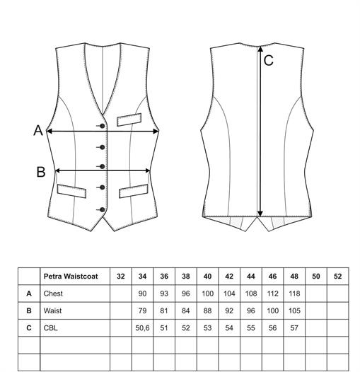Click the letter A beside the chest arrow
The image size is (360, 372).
(38, 131)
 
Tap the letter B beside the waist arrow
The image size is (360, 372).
(41, 172)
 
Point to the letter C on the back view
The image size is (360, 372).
(268, 61)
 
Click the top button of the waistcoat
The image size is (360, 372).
(103, 126)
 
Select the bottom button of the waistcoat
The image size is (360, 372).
(103, 210)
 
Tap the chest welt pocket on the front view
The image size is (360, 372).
(129, 120)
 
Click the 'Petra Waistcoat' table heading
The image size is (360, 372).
(71, 277)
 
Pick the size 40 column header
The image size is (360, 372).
(207, 277)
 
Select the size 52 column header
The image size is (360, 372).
(337, 277)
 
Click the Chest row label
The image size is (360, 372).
(53, 293)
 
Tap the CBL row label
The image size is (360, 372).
(50, 328)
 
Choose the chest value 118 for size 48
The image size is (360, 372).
(294, 293)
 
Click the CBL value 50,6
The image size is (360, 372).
(142, 328)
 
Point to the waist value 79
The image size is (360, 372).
(142, 310)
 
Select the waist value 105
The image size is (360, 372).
(294, 310)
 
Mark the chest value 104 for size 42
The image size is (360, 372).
(229, 293)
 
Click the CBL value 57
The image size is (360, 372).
(294, 328)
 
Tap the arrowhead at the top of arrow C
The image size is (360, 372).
(260, 49)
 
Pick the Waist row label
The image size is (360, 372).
(52, 310)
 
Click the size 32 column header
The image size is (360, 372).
(121, 277)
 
